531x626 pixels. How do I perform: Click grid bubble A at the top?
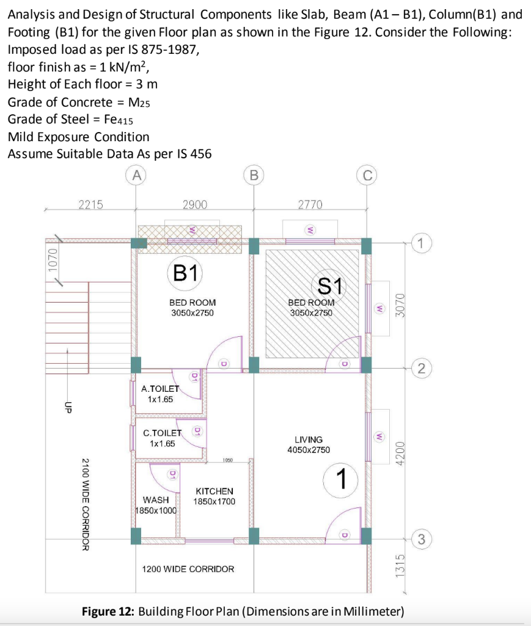click(x=136, y=175)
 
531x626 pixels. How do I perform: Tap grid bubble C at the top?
click(x=367, y=175)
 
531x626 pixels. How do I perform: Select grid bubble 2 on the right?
click(x=421, y=367)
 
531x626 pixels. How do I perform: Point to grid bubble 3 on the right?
click(x=421, y=539)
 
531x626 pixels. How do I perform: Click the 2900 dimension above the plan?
click(x=195, y=204)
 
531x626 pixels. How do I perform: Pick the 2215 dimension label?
click(x=91, y=204)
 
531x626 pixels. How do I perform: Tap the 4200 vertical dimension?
click(x=400, y=453)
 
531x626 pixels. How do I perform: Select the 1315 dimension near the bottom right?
click(x=400, y=565)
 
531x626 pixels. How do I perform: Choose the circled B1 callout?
click(x=185, y=273)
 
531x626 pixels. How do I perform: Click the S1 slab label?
click(x=330, y=285)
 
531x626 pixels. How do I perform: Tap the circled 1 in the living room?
click(x=340, y=480)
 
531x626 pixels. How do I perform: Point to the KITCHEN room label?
click(x=214, y=491)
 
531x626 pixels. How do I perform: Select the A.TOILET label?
click(x=160, y=388)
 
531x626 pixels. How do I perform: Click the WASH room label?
click(x=156, y=500)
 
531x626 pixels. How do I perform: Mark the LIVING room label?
click(x=309, y=440)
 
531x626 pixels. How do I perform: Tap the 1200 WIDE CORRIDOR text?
click(x=188, y=569)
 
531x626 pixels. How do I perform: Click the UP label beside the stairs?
click(x=68, y=407)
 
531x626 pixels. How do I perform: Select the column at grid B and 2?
click(x=254, y=364)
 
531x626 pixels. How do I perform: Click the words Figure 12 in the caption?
click(x=108, y=611)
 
